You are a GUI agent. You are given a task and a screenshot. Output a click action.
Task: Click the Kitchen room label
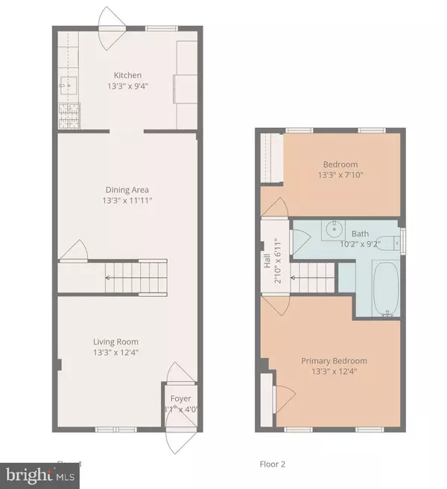tap(127, 75)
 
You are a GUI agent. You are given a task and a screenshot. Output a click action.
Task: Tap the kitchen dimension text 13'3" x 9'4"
tap(127, 86)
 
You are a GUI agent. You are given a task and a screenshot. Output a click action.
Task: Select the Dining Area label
tap(127, 189)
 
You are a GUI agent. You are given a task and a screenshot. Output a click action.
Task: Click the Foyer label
tap(180, 399)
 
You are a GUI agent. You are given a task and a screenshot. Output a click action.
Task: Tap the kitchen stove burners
tap(65, 115)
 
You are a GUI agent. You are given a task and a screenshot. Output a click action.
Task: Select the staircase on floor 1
tap(135, 274)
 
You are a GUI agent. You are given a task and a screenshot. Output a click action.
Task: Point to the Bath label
tap(360, 233)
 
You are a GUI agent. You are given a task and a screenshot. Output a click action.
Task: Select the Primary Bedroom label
tap(334, 361)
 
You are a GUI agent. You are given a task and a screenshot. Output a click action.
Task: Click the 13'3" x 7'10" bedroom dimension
tap(340, 175)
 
